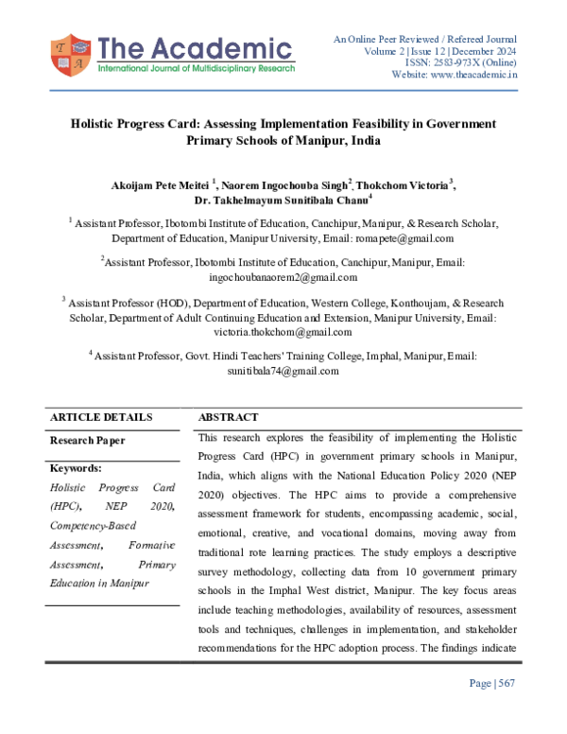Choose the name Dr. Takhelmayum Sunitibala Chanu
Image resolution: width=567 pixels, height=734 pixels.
click(x=282, y=199)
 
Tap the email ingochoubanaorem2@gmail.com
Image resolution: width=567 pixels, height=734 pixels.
click(x=283, y=277)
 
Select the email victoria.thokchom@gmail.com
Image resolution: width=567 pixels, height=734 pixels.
click(x=283, y=332)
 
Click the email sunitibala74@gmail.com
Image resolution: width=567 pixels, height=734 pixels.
click(x=283, y=371)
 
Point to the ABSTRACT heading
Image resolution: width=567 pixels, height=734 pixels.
click(x=228, y=417)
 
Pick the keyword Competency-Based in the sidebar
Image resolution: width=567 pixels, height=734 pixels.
click(x=92, y=526)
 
